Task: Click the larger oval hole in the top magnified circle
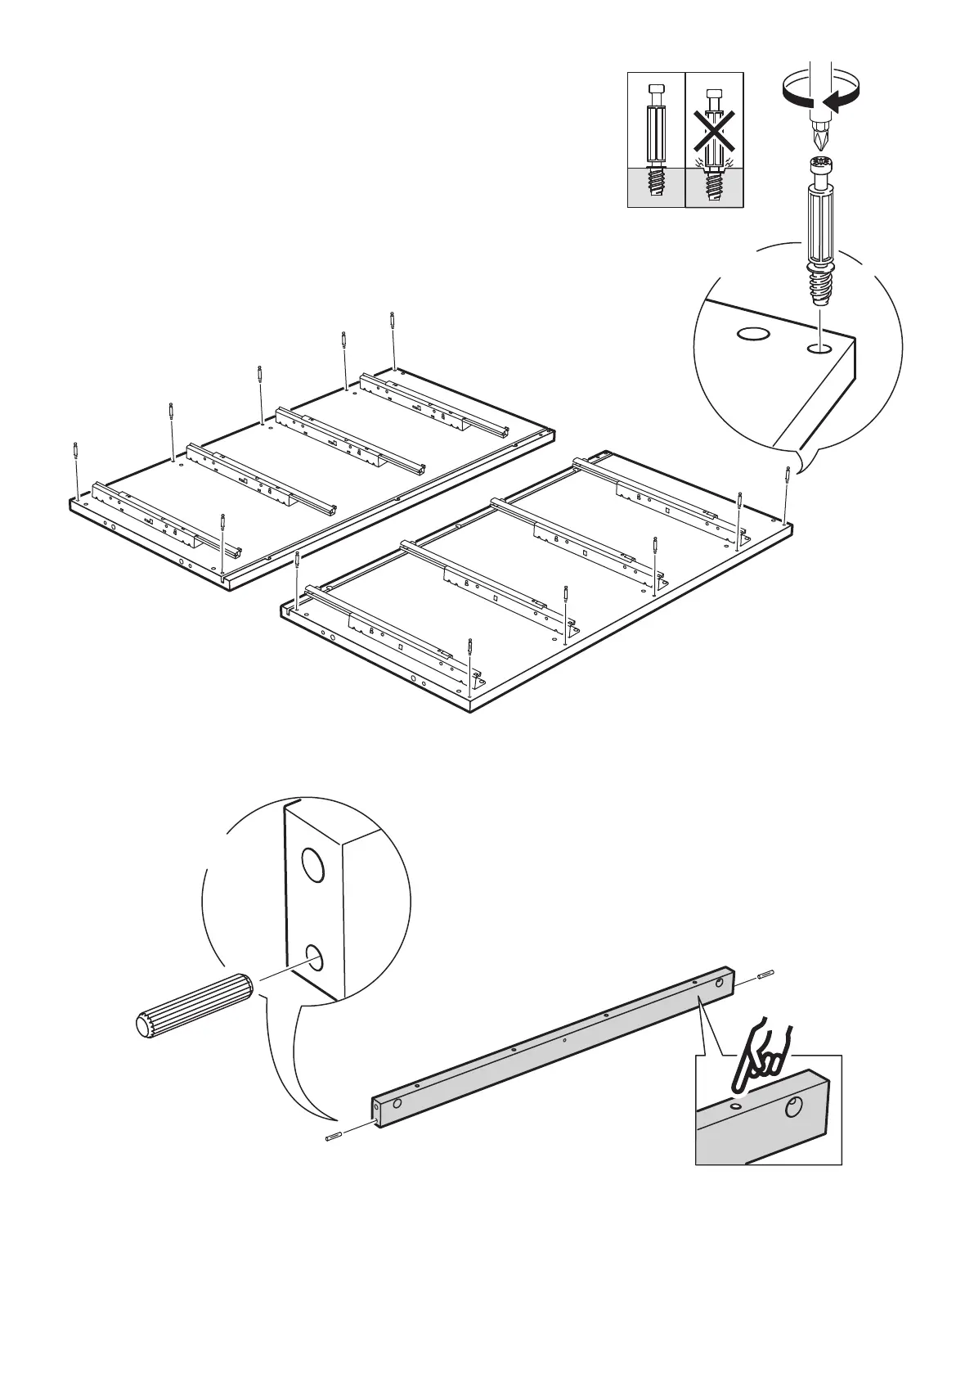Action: coord(752,334)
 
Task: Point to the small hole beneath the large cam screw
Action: coord(818,349)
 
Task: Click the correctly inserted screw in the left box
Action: coord(656,139)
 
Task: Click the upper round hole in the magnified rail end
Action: coord(312,865)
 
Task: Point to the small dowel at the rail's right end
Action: coord(765,974)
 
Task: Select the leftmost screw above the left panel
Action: coord(75,451)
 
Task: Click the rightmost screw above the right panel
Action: coord(787,475)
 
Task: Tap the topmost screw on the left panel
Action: coord(393,320)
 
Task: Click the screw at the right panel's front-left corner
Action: coord(297,561)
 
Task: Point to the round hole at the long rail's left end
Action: coord(397,1104)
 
